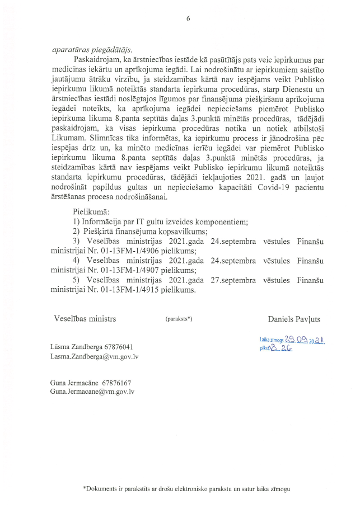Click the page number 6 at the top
coord(188,18)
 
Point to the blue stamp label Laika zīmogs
coord(273,339)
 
